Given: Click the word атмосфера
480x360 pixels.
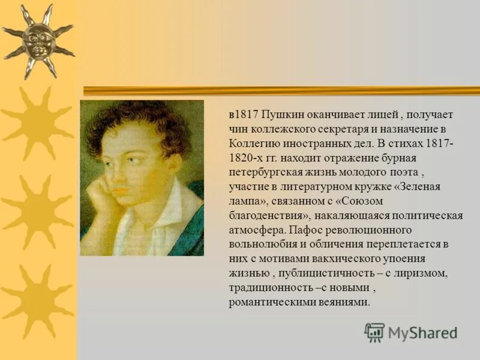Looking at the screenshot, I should click(x=256, y=230).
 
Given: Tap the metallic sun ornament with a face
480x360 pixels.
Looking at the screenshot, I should click(x=38, y=41).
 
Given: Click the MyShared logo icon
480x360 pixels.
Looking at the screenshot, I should click(x=374, y=332).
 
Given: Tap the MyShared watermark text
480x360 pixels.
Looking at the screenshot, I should click(x=422, y=334).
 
